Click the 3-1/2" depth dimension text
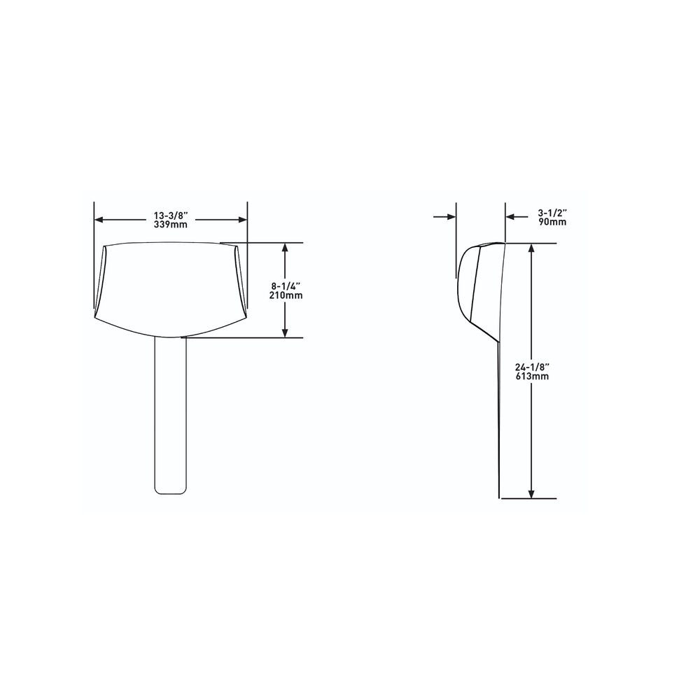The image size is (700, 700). pyautogui.click(x=552, y=212)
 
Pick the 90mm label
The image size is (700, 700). pyautogui.click(x=552, y=222)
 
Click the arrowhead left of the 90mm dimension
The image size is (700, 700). pyautogui.click(x=451, y=217)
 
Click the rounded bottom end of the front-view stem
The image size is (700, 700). pyautogui.click(x=171, y=491)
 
